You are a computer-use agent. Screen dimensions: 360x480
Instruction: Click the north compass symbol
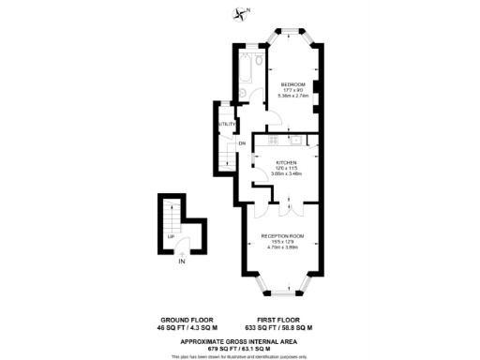tap(244, 13)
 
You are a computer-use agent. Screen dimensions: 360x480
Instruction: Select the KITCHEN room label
tap(273, 160)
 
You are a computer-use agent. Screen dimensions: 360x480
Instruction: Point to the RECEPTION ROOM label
tap(282, 234)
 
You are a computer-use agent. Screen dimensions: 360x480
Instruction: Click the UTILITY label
tap(226, 124)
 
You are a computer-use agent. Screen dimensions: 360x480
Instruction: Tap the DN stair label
tap(241, 143)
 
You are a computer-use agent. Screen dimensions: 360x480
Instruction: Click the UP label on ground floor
tap(170, 236)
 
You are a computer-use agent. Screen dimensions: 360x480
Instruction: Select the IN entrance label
tap(181, 262)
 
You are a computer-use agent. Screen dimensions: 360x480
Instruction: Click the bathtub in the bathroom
tap(247, 69)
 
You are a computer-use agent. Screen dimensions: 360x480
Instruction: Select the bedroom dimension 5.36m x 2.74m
tap(289, 96)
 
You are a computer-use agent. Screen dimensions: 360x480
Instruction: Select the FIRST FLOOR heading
tap(277, 320)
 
